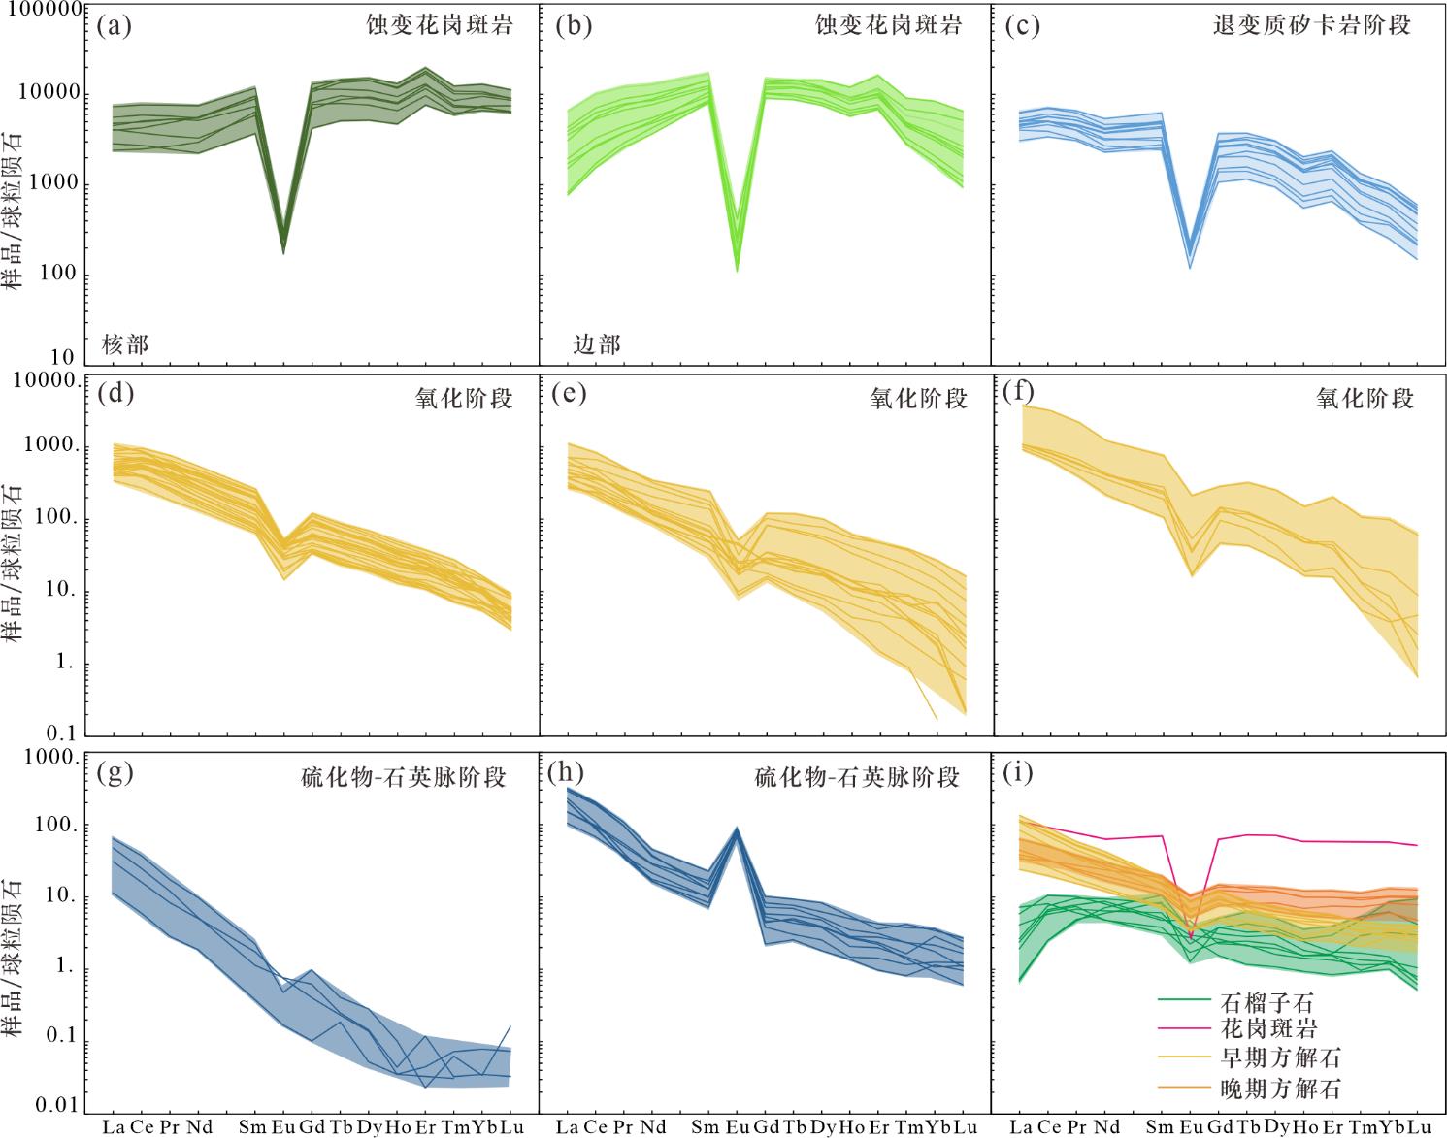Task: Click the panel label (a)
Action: point(115,25)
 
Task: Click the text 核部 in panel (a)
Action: point(125,344)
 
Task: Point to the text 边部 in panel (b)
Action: point(596,344)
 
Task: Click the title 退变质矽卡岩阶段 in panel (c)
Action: point(1311,25)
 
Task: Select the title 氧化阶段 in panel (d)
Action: point(464,398)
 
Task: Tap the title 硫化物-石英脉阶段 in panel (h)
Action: point(857,777)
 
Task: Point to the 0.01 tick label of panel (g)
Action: point(56,1105)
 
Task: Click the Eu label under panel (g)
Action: point(282,1126)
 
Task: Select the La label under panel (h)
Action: point(567,1126)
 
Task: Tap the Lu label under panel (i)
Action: point(1419,1126)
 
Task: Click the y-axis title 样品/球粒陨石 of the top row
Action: point(14,209)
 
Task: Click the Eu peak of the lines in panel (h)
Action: point(737,829)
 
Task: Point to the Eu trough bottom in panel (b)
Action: point(737,269)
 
